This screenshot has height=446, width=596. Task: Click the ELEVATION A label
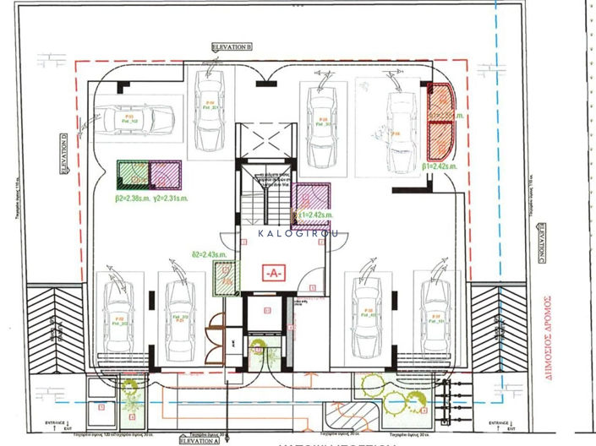click(201, 439)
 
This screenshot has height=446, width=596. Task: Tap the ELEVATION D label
click(63, 152)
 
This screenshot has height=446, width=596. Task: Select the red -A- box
click(274, 274)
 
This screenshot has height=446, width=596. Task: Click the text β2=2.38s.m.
click(130, 199)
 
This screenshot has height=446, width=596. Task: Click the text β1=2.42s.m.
click(439, 167)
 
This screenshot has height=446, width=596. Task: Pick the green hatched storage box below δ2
click(224, 277)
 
